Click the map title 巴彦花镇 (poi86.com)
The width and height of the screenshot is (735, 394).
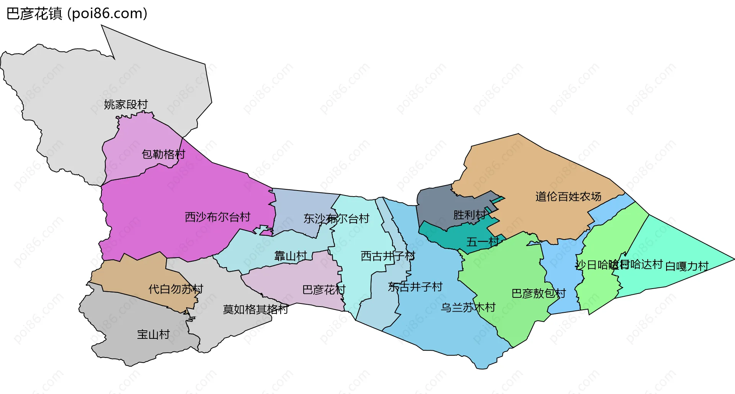[x=77, y=14]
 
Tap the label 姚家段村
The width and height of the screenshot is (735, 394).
[x=126, y=104]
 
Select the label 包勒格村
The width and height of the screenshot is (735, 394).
[x=163, y=154]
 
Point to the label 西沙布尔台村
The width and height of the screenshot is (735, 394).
[x=217, y=217]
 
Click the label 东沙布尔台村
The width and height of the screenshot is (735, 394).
[x=336, y=218]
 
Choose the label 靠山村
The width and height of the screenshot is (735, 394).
[x=291, y=256]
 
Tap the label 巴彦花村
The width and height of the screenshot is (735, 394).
[x=324, y=289]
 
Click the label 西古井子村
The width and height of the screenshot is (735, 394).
[x=388, y=256]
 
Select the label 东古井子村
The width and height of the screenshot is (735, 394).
[x=415, y=287]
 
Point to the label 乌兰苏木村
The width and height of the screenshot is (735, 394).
[x=468, y=307]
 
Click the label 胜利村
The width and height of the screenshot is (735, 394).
[x=469, y=215]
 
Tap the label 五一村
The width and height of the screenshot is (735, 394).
[x=483, y=242]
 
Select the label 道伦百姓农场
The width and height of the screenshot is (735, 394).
[x=568, y=197]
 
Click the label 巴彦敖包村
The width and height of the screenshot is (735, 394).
[x=539, y=293]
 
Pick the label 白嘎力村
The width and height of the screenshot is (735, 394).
[x=687, y=266]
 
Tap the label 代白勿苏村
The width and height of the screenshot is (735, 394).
[x=176, y=289]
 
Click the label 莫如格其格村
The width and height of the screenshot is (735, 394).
[x=255, y=309]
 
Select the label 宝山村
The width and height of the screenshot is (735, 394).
[x=153, y=334]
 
